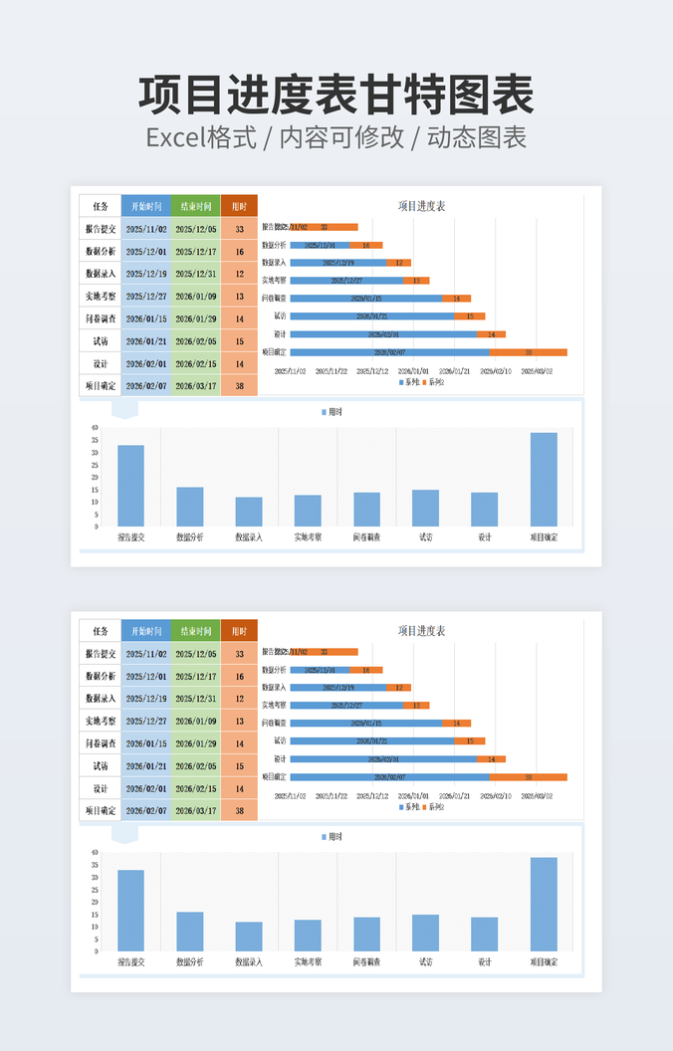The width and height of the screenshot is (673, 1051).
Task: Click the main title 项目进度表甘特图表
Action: coord(336,96)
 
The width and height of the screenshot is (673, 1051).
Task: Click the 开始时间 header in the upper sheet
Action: coord(145,207)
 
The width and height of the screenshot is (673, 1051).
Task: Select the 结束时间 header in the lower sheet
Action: coord(195,631)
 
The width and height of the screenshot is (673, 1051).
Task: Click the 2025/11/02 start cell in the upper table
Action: coord(146,229)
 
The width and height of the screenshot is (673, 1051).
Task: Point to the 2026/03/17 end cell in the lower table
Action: coord(195,811)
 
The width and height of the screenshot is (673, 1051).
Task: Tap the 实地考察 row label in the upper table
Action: coord(100,297)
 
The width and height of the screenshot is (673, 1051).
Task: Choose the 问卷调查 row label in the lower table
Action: coord(100,743)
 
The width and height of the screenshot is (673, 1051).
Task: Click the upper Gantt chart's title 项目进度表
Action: coord(421,206)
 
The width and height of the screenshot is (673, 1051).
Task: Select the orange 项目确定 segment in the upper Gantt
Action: coord(528,352)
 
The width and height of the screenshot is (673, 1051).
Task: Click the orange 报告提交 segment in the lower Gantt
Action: coord(337,652)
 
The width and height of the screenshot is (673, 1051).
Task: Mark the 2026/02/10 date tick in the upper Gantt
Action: coord(495,371)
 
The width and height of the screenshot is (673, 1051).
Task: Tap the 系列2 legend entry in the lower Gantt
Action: coord(433,807)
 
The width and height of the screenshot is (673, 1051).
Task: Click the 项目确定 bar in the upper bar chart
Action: coord(544,479)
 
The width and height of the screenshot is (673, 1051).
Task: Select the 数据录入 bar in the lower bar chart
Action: coord(249,937)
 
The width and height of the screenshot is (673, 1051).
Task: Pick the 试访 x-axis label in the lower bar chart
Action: coord(425,962)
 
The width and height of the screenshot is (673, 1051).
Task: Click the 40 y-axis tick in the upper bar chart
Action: coord(95,428)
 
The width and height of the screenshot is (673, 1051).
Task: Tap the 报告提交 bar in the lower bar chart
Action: coord(130,911)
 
